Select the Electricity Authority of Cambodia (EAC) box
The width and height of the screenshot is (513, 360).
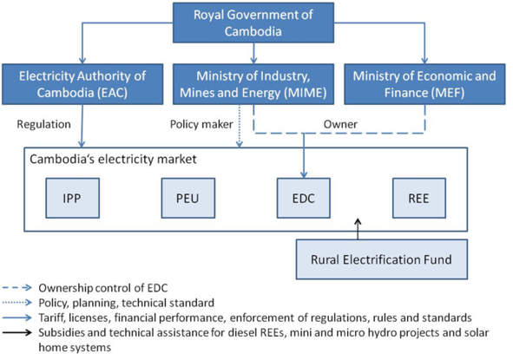[82, 85]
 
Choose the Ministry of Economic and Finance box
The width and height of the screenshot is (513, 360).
[424, 85]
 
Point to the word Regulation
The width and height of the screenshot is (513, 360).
[43, 125]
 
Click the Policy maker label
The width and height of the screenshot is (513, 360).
[199, 125]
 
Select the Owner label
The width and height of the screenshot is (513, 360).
[341, 125]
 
